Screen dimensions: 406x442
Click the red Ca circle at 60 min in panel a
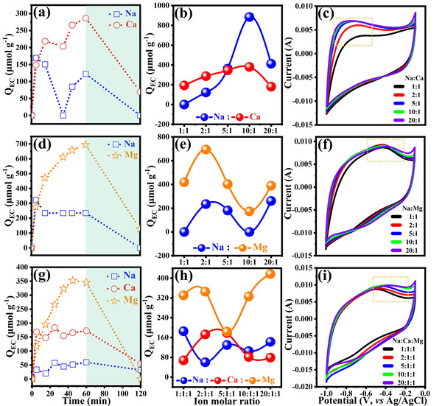pos(85,18)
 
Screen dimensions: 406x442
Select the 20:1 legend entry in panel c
pos(397,115)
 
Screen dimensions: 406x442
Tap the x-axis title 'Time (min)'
pos(58,398)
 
